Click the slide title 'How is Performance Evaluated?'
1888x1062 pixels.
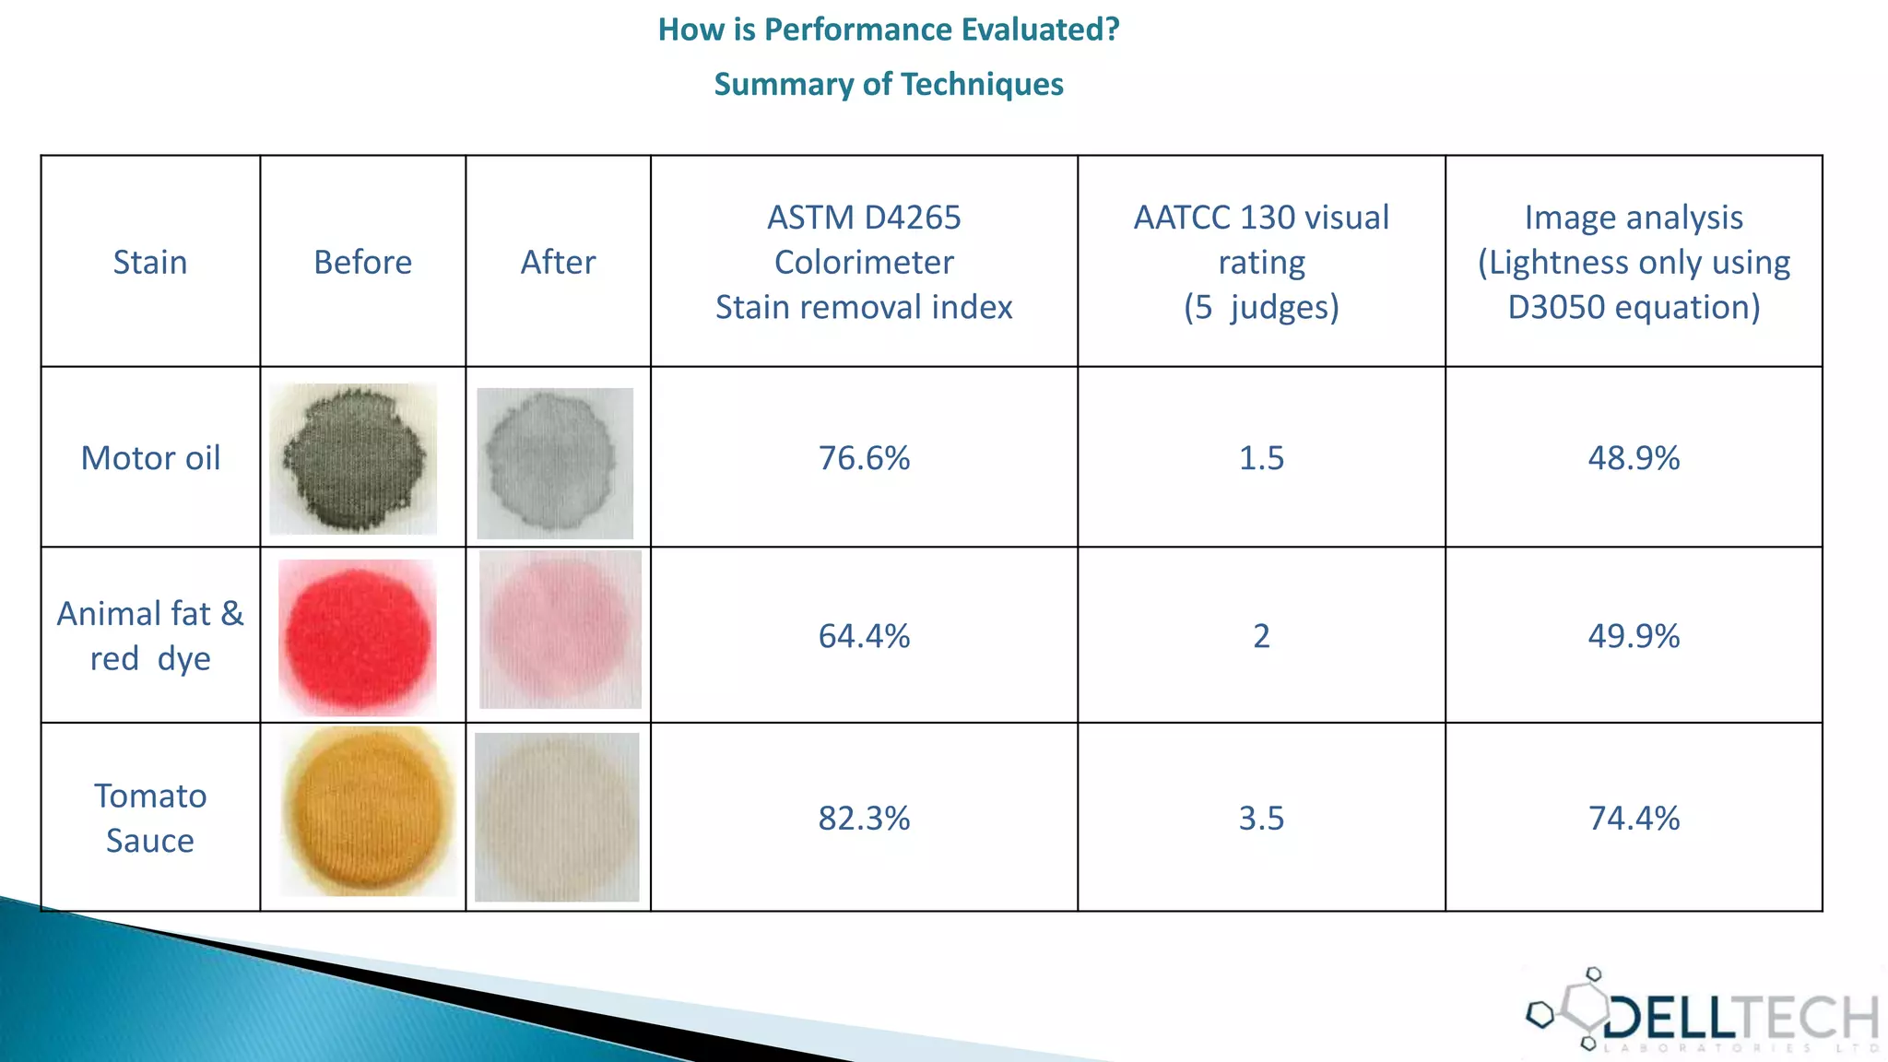(889, 29)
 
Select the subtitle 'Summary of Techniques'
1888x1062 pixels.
(889, 84)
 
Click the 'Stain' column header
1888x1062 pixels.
(150, 263)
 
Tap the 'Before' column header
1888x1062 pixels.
(362, 263)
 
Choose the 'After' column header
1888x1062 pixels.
(558, 263)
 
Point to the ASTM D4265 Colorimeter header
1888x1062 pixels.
(864, 263)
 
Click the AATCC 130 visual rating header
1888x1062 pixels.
(1261, 263)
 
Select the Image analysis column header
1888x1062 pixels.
(1634, 263)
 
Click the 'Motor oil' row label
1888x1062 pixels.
(150, 458)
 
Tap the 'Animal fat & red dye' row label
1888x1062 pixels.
(150, 636)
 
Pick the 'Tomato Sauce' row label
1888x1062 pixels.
(150, 818)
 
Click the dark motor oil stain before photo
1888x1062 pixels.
(354, 459)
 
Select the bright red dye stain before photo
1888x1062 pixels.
(358, 637)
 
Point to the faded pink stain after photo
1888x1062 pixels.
(560, 630)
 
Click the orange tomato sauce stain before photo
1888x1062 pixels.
(368, 811)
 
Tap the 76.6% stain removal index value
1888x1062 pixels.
(864, 458)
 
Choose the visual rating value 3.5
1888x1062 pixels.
(1261, 818)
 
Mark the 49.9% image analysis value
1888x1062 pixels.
(1634, 636)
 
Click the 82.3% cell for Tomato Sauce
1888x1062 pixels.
(864, 818)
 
